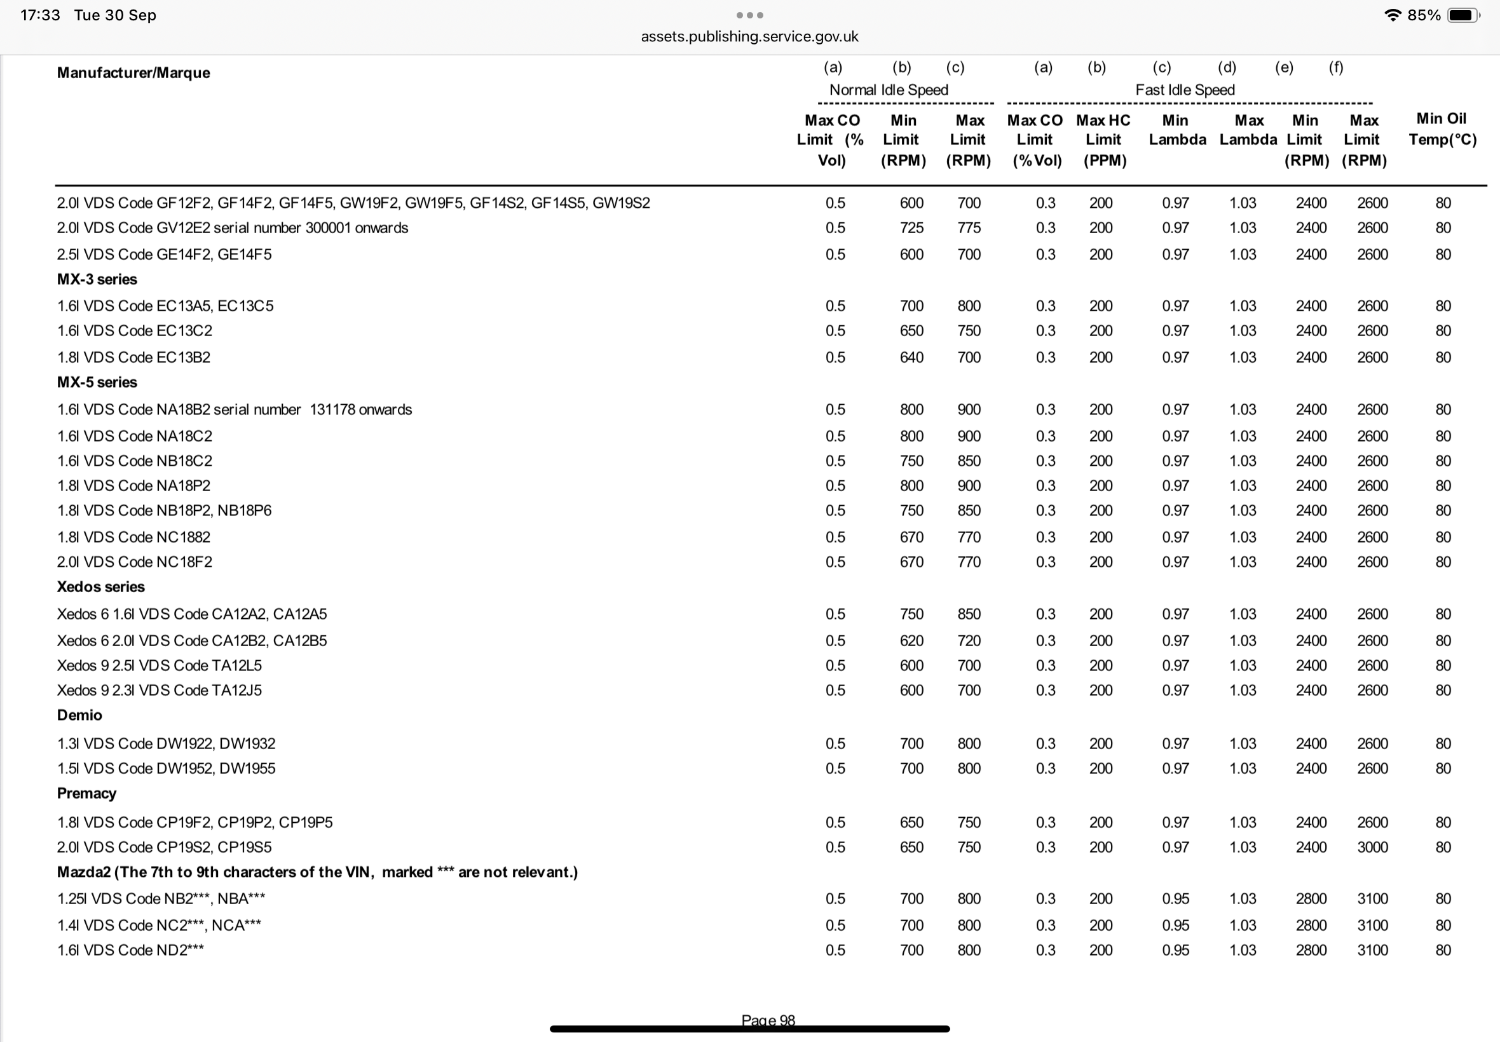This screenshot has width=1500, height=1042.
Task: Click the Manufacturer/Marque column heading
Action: [133, 72]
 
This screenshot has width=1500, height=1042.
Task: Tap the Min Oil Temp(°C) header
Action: [1442, 128]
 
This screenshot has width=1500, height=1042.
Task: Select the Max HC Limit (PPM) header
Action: [1103, 140]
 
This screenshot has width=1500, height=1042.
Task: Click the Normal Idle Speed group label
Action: [888, 90]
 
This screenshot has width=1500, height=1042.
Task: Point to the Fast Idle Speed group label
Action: [1185, 90]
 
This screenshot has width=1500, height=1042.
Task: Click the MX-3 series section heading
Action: [97, 280]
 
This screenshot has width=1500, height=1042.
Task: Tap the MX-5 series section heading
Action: [97, 382]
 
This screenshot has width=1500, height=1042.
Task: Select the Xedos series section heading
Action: [100, 587]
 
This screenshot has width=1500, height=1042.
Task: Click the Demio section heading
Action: [79, 715]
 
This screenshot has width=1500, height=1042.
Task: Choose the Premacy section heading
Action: [86, 794]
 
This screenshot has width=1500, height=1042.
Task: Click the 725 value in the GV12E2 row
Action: [911, 228]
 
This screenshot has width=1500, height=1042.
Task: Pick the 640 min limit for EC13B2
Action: [911, 358]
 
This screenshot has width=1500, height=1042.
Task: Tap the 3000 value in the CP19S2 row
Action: [1372, 848]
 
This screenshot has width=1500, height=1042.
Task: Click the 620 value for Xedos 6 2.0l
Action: [911, 641]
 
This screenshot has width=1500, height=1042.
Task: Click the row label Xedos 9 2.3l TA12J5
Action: [159, 691]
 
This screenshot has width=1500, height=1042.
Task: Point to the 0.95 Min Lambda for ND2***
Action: [1175, 951]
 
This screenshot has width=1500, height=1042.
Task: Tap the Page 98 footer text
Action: [768, 1020]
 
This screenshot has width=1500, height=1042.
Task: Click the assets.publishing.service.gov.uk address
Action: [749, 37]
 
